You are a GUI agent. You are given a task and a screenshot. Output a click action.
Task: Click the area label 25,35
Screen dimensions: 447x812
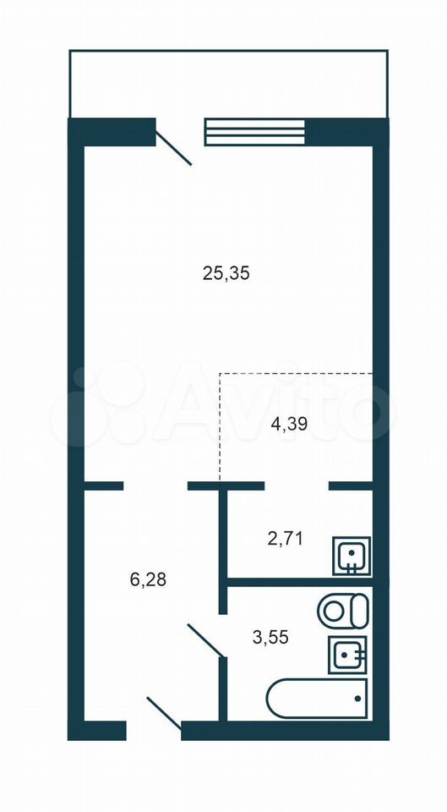click(226, 273)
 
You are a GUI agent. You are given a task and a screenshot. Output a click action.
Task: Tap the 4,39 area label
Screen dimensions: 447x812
click(290, 425)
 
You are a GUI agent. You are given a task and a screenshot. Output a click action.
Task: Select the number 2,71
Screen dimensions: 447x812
click(285, 539)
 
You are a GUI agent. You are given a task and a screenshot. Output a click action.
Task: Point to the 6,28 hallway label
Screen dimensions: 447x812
click(148, 579)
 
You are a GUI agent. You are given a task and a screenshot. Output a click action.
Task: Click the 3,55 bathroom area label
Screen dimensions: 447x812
click(270, 636)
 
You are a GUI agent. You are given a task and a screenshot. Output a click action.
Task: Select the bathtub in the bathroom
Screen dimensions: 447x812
click(317, 699)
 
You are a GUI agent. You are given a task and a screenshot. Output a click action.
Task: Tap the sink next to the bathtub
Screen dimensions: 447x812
click(347, 655)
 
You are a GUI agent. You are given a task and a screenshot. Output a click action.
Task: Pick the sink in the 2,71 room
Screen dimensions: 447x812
click(352, 557)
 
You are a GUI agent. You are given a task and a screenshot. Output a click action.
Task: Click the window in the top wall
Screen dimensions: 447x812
click(255, 132)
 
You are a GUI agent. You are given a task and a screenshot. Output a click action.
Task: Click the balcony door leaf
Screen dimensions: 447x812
click(174, 149)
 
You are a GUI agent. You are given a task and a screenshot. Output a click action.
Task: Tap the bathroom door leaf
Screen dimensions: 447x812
click(206, 641)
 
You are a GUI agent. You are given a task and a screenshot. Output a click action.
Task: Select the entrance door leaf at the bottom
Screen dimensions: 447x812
click(164, 713)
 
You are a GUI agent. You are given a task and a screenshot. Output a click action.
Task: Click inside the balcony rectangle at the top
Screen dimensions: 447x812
click(228, 84)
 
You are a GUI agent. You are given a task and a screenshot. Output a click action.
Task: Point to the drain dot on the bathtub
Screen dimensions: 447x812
click(357, 698)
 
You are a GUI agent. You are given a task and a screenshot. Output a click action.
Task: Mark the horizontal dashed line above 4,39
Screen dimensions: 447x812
click(297, 373)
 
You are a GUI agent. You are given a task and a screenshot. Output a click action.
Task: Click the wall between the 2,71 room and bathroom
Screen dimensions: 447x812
click(300, 582)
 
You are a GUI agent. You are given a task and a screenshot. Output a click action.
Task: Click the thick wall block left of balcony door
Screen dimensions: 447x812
click(112, 132)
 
